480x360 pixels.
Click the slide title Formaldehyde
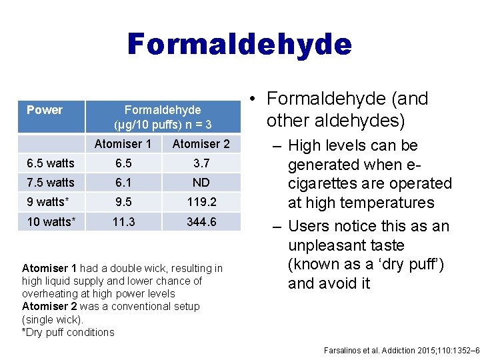(x=239, y=45)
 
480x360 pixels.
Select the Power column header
(x=45, y=110)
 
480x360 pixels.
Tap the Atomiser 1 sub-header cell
(x=123, y=144)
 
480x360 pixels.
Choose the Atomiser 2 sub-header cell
(x=201, y=144)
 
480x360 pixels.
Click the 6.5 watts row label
(x=51, y=163)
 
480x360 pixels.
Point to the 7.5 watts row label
(x=51, y=183)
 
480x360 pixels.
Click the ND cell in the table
(x=201, y=183)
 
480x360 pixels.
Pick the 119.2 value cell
(x=201, y=202)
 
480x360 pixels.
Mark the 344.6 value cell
(x=201, y=221)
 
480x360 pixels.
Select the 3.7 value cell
(x=201, y=163)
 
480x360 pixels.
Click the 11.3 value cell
(x=123, y=221)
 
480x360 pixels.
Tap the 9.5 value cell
(x=123, y=202)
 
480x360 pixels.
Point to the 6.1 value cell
(x=123, y=183)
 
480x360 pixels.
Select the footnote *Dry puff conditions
(x=68, y=332)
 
